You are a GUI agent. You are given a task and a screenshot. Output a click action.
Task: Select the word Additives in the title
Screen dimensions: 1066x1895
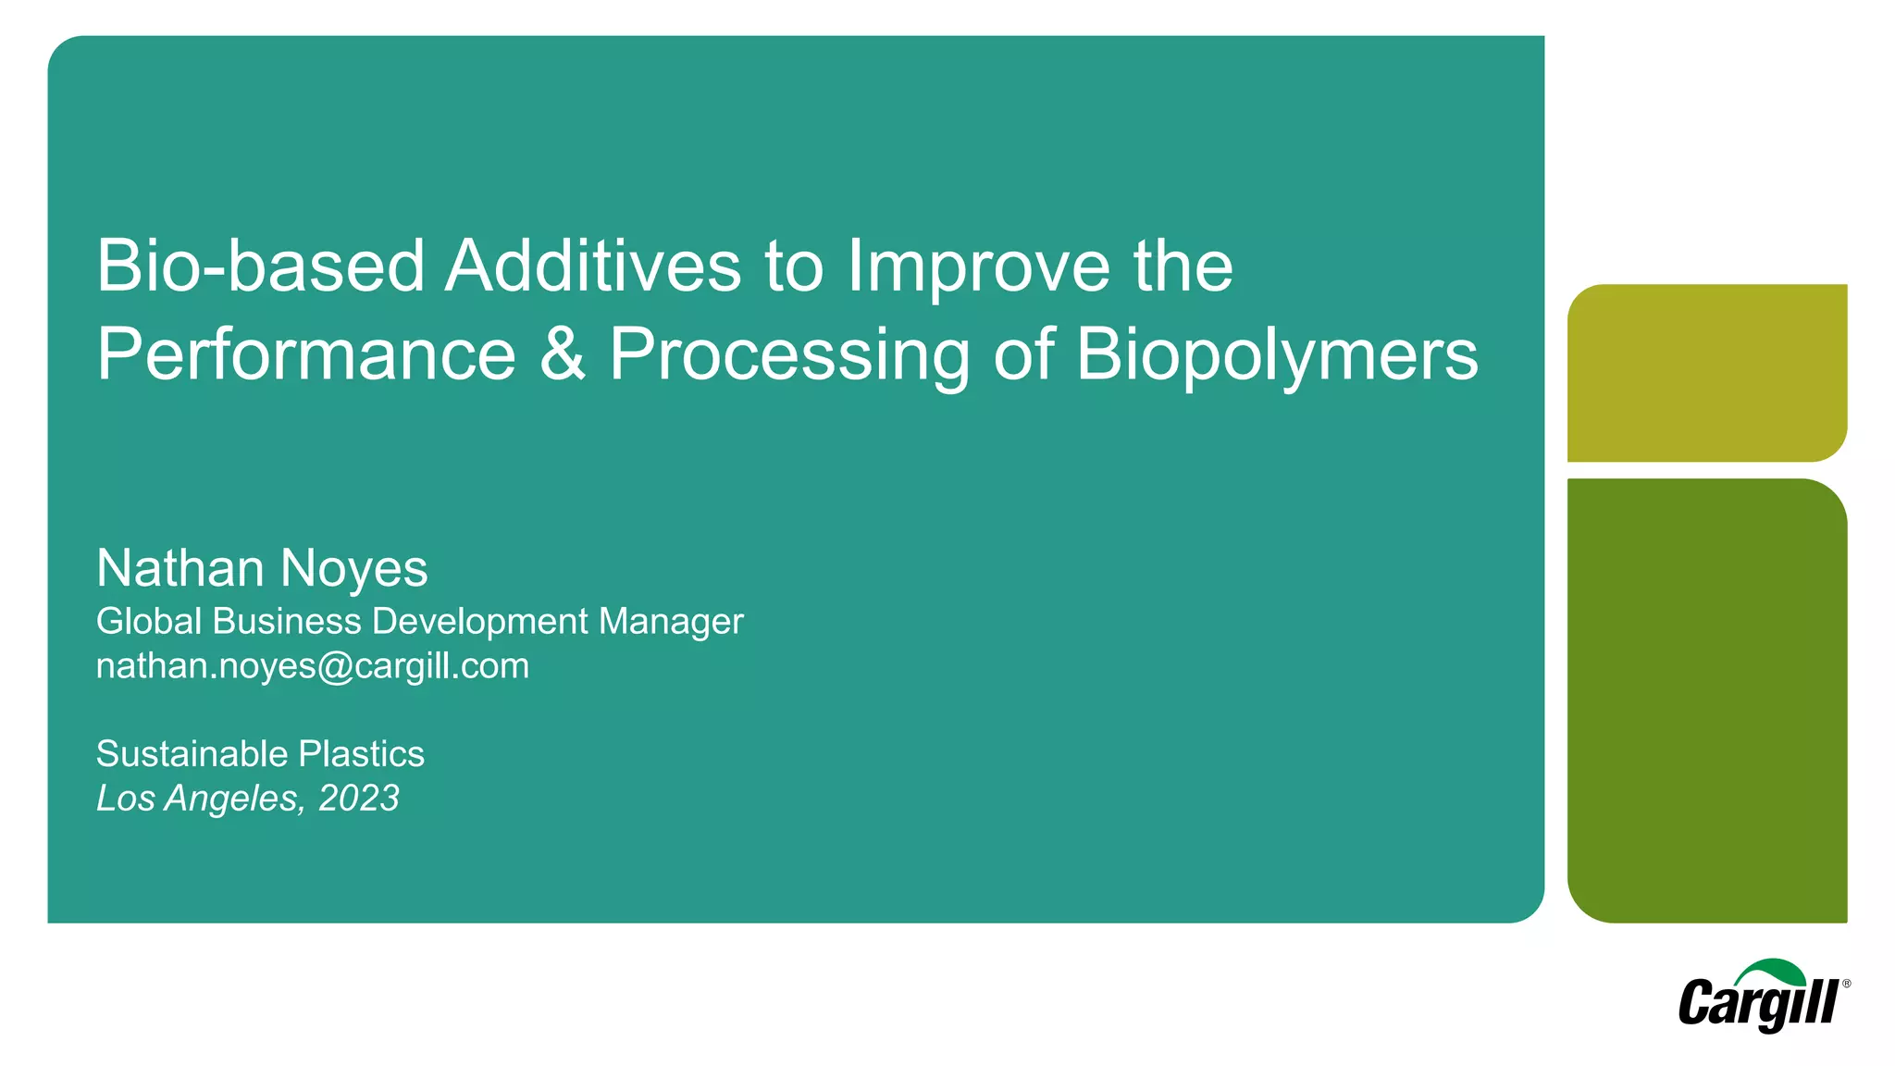coord(592,266)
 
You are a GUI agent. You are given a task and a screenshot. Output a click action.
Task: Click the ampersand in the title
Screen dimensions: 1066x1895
coord(563,354)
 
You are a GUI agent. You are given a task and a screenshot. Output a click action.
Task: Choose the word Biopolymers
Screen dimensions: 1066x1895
coord(1277,356)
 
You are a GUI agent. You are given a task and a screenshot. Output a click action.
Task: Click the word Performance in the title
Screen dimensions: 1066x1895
coord(305,354)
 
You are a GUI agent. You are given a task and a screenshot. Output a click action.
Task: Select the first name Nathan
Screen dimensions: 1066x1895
coord(180,567)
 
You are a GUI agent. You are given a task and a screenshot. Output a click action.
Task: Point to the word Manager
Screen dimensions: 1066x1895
coord(670,622)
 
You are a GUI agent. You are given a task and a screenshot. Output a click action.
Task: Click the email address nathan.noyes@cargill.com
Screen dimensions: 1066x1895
coord(312,666)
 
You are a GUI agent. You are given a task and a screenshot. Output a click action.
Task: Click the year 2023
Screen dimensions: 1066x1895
coord(358,798)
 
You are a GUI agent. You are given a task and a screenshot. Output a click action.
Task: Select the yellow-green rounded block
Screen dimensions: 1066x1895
coord(1706,372)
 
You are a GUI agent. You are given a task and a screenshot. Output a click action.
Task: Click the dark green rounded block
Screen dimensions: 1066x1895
coord(1706,700)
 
